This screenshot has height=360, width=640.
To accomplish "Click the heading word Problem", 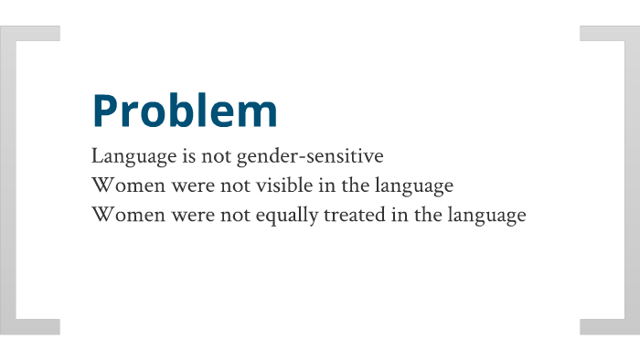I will click(x=185, y=111).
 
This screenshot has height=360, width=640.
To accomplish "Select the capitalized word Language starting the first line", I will click(x=129, y=157).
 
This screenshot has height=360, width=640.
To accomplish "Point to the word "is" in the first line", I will click(x=180, y=156).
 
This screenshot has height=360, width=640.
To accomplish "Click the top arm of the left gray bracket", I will click(x=37, y=33).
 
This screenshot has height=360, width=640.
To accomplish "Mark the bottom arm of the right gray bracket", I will click(x=603, y=326).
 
